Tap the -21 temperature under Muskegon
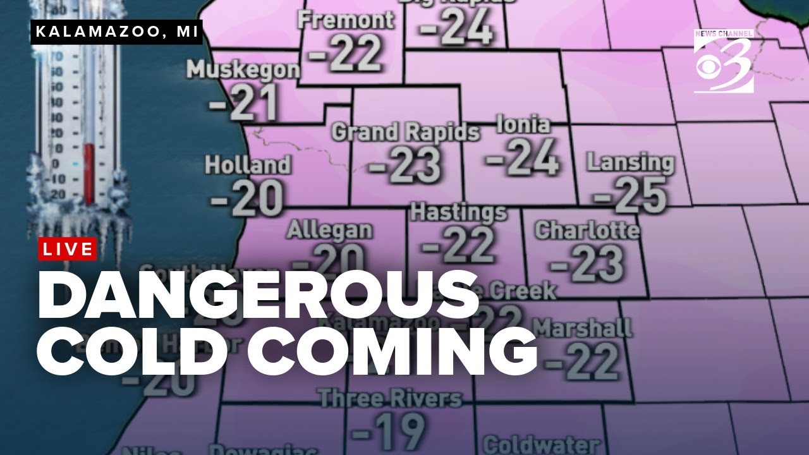pyautogui.click(x=243, y=102)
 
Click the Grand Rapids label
pyautogui.click(x=405, y=132)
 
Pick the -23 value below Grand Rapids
pyautogui.click(x=404, y=164)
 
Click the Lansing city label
pyautogui.click(x=630, y=162)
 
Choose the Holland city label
pyautogui.click(x=248, y=165)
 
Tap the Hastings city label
pyautogui.click(x=458, y=212)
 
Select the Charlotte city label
pyautogui.click(x=587, y=230)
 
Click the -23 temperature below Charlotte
pyautogui.click(x=587, y=262)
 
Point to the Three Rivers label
pyautogui.click(x=390, y=399)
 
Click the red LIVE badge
pyautogui.click(x=68, y=249)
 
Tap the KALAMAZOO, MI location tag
pyautogui.click(x=116, y=32)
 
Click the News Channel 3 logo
pyautogui.click(x=724, y=61)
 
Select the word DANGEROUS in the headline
pyautogui.click(x=258, y=298)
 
